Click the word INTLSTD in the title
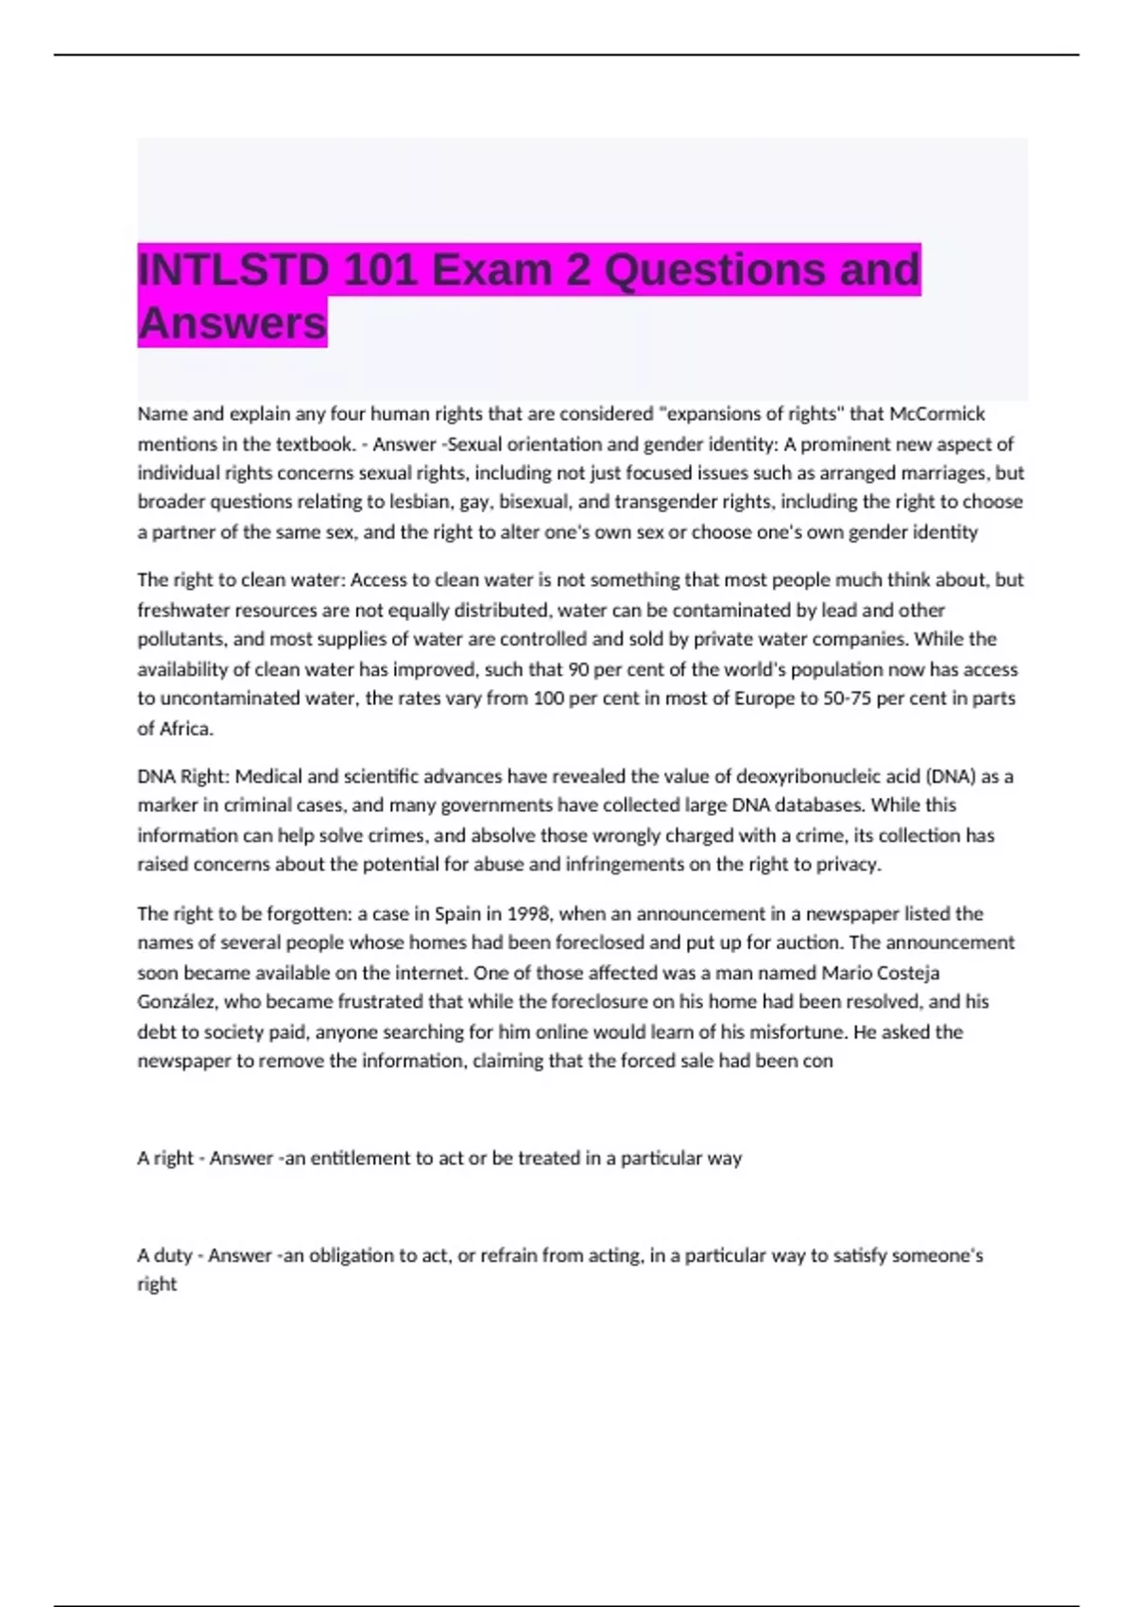click(x=233, y=270)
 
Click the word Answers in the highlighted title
click(x=232, y=323)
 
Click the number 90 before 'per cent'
click(x=577, y=669)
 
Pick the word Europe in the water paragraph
click(x=765, y=699)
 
